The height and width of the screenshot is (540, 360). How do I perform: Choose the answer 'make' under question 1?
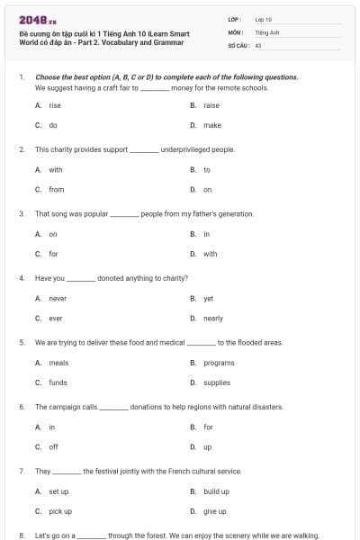pos(211,125)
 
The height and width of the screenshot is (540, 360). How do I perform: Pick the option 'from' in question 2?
pos(56,189)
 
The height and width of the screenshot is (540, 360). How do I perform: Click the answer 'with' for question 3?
pos(210,254)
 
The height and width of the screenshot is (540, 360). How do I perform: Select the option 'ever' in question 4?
pos(56,319)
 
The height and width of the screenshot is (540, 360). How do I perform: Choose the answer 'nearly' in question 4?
pos(212,319)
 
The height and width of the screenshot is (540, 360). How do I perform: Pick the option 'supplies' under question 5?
pos(216,382)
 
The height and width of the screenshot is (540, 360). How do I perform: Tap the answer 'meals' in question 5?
pos(58,363)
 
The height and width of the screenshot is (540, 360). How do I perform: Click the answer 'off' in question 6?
pos(53,446)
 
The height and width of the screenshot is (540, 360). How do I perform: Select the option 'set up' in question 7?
pos(58,491)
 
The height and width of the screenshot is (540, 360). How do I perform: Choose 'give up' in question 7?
pos(214,511)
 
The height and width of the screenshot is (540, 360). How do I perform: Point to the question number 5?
pos(21,343)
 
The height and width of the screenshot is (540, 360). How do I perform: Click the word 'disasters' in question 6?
pos(265,407)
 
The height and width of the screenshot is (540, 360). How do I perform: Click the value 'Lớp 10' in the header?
pos(263,18)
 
